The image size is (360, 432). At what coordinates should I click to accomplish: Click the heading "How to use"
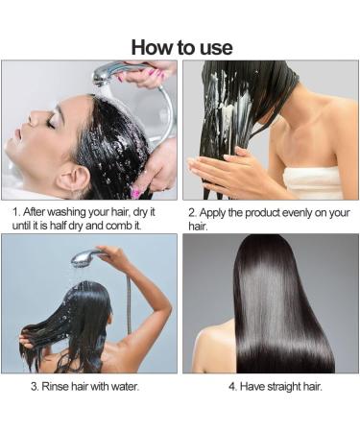point(180,46)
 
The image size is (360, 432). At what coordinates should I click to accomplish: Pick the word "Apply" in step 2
point(215,210)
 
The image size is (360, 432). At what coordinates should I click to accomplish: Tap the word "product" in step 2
point(272,210)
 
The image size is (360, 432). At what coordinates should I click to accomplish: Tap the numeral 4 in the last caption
point(232,386)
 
